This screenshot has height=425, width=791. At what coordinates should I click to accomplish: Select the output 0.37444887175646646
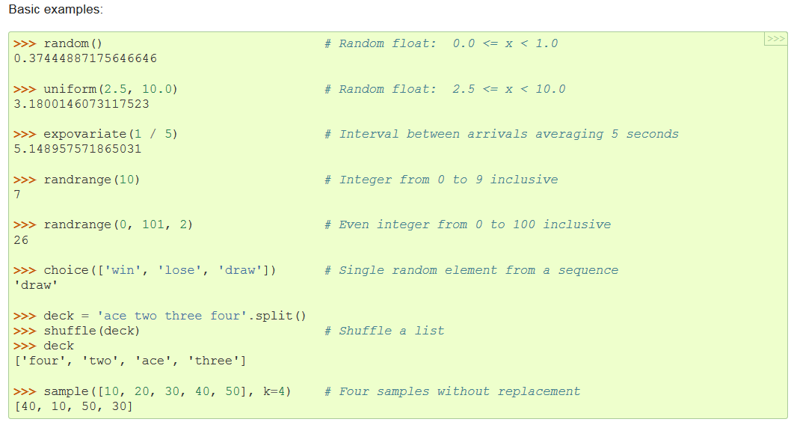tap(85, 58)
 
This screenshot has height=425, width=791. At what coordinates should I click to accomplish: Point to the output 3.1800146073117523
tap(81, 104)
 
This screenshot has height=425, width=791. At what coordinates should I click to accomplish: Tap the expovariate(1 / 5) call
tap(110, 134)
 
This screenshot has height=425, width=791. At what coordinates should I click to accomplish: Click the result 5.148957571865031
tap(78, 149)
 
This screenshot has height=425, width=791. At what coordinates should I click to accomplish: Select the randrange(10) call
tap(91, 180)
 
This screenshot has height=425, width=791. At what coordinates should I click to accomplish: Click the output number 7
tap(17, 195)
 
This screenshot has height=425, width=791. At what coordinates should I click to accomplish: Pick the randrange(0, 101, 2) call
tap(117, 224)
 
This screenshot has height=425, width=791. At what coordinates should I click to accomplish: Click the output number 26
tap(21, 240)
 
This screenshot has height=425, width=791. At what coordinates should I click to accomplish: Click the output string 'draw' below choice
tap(36, 285)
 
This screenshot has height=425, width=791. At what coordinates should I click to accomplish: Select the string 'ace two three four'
tap(169, 316)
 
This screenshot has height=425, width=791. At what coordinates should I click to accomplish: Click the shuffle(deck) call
tap(91, 331)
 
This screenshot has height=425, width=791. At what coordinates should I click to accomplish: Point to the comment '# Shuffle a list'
tap(384, 331)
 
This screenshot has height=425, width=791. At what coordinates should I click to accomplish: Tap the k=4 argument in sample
tap(276, 391)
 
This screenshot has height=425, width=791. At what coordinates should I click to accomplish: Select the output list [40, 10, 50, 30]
tap(73, 406)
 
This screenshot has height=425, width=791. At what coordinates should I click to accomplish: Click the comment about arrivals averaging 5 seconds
tap(501, 134)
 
